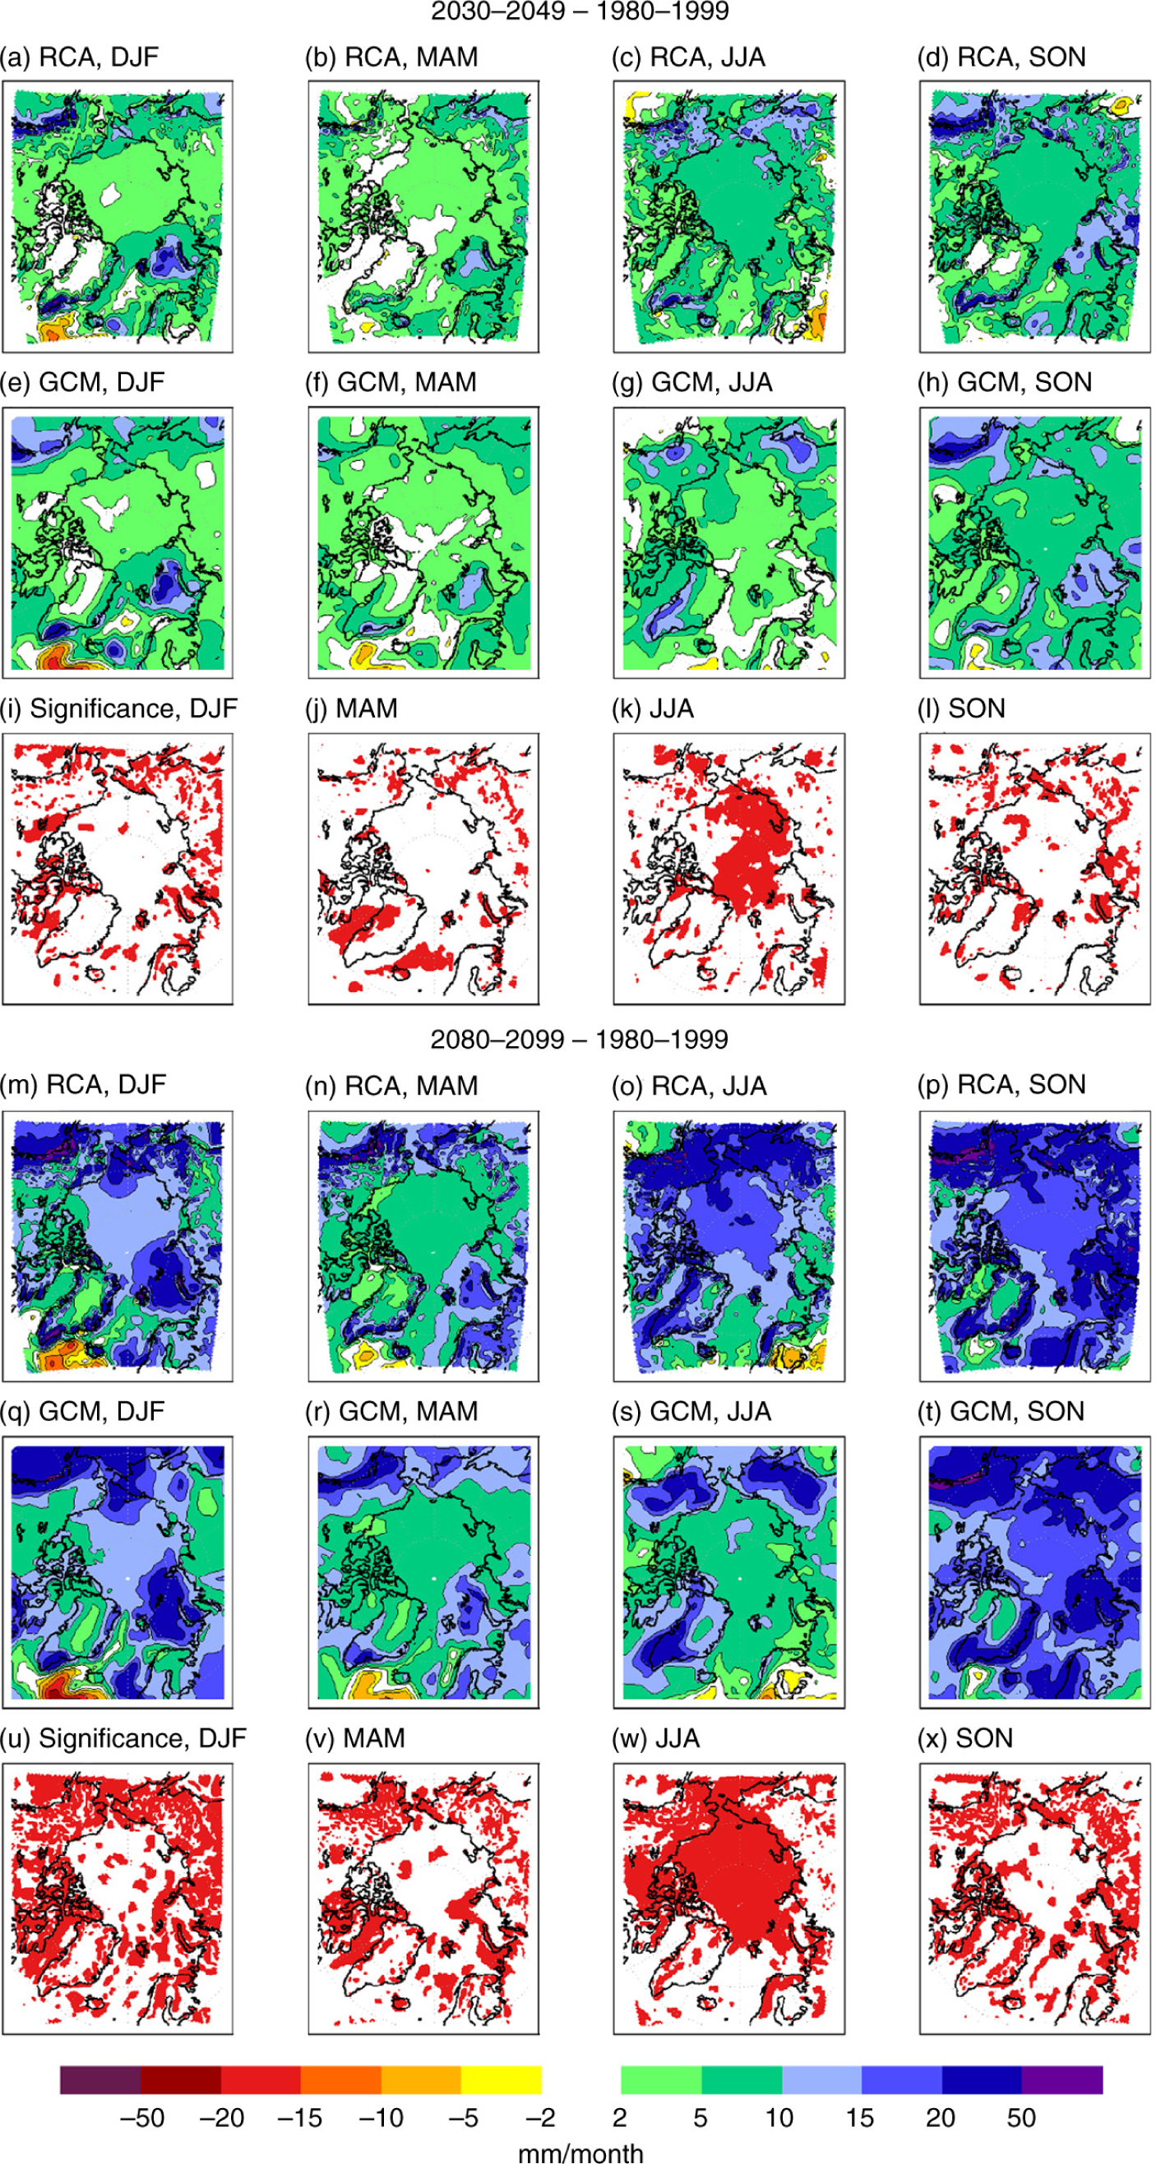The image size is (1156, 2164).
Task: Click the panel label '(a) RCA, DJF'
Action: pyautogui.click(x=79, y=58)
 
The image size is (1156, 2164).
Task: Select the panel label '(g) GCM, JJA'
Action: pyautogui.click(x=691, y=382)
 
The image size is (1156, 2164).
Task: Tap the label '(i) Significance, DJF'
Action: pyautogui.click(x=118, y=708)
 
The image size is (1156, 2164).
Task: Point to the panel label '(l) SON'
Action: pyautogui.click(x=961, y=708)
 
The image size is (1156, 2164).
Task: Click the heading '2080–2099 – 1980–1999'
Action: pyautogui.click(x=579, y=1039)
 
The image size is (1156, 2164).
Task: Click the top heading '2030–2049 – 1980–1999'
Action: pyautogui.click(x=579, y=12)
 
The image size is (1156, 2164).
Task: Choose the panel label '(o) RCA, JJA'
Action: pyautogui.click(x=689, y=1086)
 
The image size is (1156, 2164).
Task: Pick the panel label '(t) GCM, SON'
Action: pyautogui.click(x=1001, y=1410)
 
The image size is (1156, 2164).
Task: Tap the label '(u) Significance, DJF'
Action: pyautogui.click(x=123, y=1737)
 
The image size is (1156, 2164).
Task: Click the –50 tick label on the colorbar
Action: pyautogui.click(x=142, y=2118)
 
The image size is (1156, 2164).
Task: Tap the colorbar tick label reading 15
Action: pyautogui.click(x=859, y=2118)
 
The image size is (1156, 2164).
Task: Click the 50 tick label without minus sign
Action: pyautogui.click(x=1020, y=2118)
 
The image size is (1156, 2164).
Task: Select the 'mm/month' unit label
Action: pyautogui.click(x=580, y=2152)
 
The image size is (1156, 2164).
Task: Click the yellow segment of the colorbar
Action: pyautogui.click(x=501, y=2080)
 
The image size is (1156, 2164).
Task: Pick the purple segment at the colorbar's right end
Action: pyautogui.click(x=1062, y=2080)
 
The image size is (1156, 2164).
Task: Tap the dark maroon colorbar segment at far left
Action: pyautogui.click(x=100, y=2080)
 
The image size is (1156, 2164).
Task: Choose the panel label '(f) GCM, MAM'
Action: pyautogui.click(x=390, y=382)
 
